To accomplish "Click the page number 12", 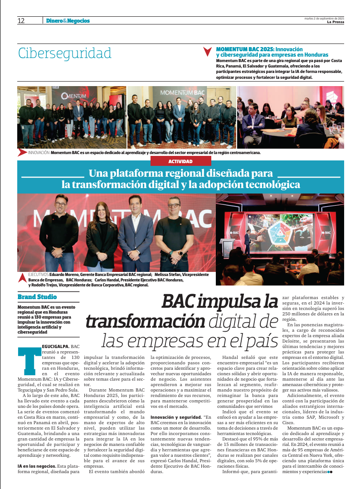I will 21,21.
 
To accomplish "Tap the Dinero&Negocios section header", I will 68,21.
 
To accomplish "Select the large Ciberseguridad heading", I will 64,53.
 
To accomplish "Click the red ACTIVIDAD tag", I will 180,161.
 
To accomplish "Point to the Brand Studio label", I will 37,297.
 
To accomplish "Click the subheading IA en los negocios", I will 36,466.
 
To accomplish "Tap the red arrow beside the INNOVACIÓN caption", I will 22,153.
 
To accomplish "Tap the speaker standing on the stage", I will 247,241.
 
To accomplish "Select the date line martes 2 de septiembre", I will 324,18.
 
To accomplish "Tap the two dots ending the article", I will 330,472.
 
